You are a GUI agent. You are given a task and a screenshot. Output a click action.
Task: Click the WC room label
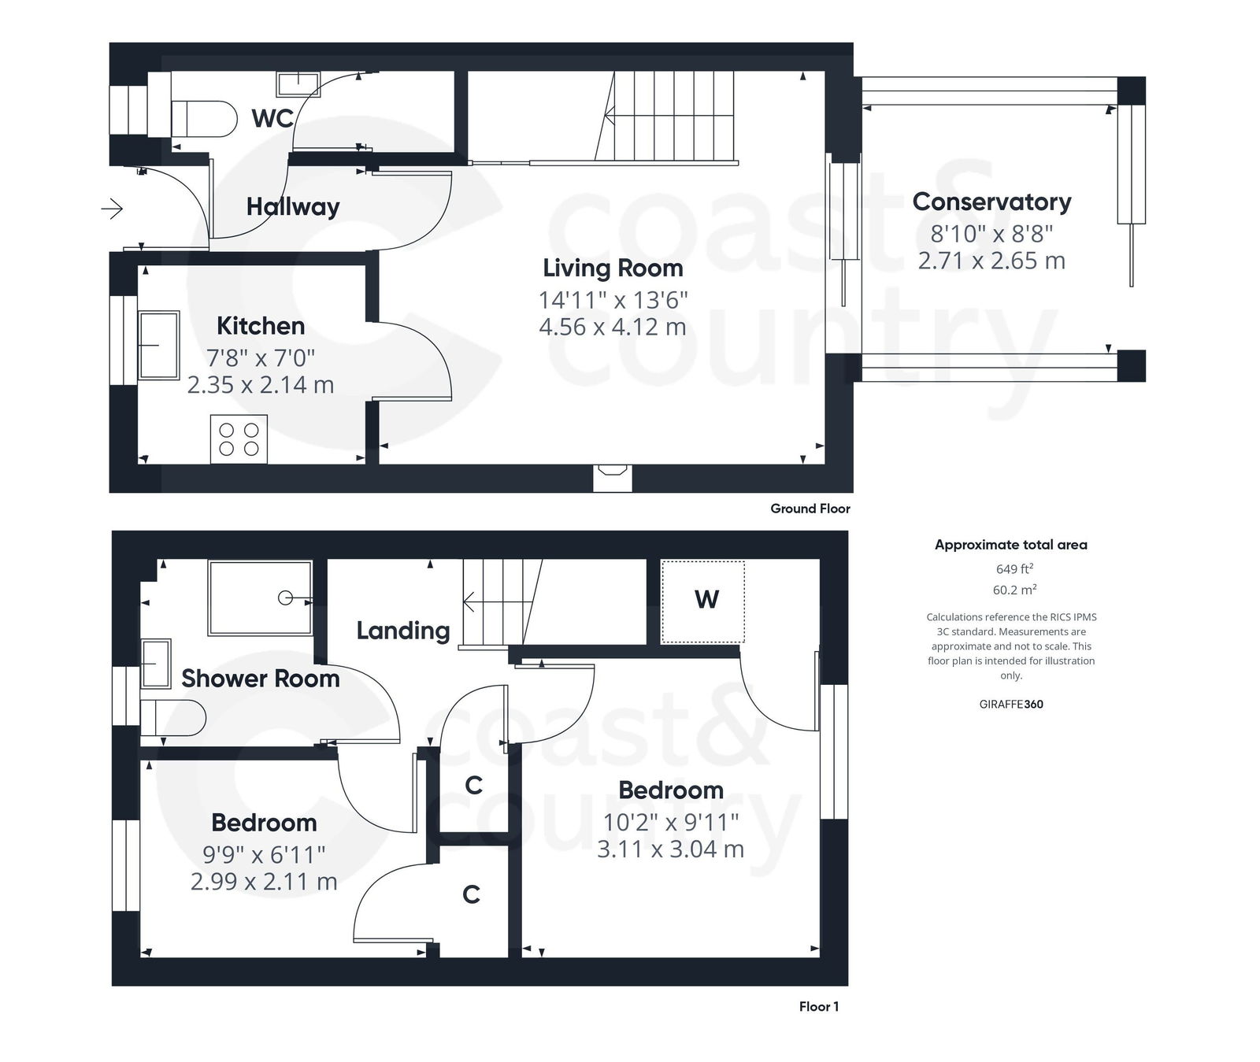[x=272, y=119]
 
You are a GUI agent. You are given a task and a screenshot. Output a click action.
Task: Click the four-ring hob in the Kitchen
[x=239, y=439]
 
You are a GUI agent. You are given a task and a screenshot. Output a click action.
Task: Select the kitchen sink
[x=158, y=345]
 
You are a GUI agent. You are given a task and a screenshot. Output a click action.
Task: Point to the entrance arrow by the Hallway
[x=113, y=209]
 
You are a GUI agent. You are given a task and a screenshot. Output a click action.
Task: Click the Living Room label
[x=613, y=268]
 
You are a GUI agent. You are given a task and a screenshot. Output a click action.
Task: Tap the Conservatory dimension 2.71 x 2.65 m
[x=991, y=261]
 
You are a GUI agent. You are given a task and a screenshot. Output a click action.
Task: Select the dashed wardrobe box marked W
[x=702, y=601]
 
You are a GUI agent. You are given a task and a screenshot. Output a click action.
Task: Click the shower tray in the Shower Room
[x=260, y=598]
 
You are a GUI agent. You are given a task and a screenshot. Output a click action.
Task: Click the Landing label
[x=402, y=631]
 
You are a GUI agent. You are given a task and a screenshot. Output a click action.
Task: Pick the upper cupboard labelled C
[x=473, y=785]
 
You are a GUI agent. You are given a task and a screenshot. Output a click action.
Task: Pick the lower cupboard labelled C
[x=471, y=894]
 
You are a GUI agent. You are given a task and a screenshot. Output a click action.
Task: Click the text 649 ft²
[x=1014, y=569]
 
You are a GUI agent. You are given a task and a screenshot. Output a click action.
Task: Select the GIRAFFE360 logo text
[x=1011, y=704]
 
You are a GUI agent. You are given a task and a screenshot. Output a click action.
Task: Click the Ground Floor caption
[x=810, y=509]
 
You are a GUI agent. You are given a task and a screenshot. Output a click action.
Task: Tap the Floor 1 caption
[x=818, y=1006]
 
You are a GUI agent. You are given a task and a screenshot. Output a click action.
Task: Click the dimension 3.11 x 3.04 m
[x=670, y=849]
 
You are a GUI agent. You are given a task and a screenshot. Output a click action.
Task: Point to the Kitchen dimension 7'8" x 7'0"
[x=261, y=358]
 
